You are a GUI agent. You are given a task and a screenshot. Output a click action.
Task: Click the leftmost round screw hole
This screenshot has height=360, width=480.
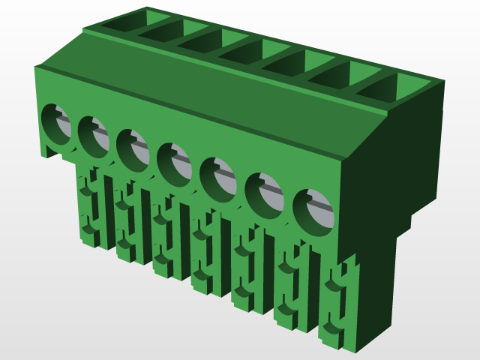tap(55, 123)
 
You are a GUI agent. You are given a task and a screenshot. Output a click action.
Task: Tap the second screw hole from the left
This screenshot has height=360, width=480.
tap(94, 136)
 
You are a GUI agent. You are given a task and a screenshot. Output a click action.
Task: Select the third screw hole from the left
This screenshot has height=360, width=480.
tap(132, 148)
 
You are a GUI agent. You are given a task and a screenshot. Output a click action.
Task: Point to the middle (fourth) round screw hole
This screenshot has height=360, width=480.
tap(174, 162)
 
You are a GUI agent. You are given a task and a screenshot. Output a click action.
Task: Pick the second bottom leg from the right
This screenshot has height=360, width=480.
tap(292, 289)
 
